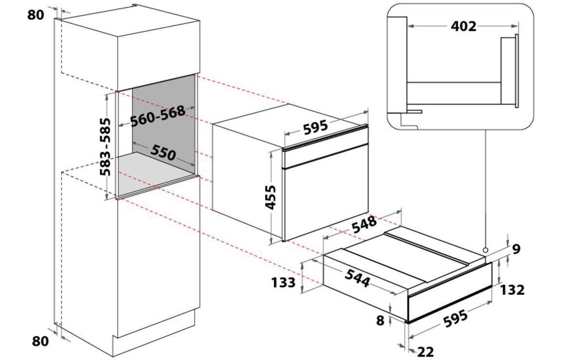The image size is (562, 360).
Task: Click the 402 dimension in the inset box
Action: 463,27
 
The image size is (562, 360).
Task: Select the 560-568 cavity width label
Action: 158,116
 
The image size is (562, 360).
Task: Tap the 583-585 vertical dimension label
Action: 105,147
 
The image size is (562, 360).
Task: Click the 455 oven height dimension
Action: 271,197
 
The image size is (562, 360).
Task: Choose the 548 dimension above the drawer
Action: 364,224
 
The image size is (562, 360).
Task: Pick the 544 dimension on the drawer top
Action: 357,278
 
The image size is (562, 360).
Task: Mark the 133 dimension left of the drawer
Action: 283,282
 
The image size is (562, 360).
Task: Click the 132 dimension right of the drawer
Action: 512,290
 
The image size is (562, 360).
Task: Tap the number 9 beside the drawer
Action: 516,249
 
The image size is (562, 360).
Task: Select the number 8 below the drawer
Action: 380,320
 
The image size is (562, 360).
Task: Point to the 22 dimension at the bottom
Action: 426,352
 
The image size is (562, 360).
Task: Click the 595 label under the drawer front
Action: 456,318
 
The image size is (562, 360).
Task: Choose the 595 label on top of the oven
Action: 316,128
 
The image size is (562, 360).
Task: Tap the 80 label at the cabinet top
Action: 35,15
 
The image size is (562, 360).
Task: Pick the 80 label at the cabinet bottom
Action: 40,341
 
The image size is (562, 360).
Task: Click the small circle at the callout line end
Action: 485,249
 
